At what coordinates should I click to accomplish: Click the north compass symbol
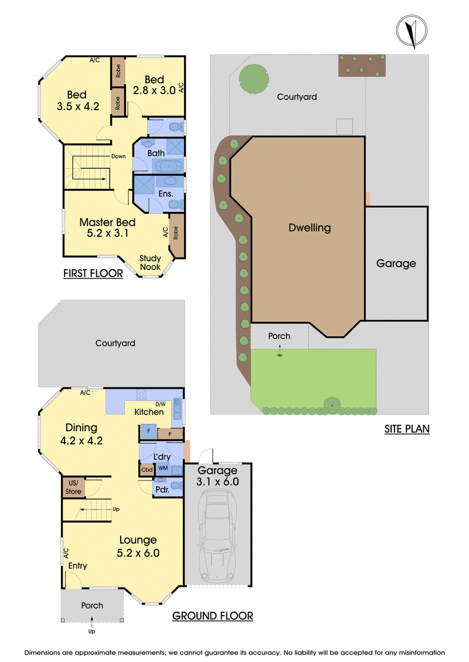pos(412,31)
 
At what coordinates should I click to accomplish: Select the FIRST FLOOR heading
pos(93,273)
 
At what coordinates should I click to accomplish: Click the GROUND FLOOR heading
pos(212,616)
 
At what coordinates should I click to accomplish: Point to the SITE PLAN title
pos(407,429)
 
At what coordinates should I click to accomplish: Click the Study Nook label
pos(150,263)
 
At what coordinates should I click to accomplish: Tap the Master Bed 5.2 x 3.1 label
pos(107,228)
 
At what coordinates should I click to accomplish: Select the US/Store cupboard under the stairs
pos(73,487)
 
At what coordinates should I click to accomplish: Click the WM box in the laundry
pos(163,468)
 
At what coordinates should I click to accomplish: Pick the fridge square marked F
pos(148,431)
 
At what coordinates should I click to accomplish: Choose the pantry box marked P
pos(170,434)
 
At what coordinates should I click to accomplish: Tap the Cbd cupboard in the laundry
pos(147,469)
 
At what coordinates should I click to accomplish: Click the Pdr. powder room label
pos(162,490)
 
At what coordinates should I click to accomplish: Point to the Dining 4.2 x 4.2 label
pos(81,434)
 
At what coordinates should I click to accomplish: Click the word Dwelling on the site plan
pos(310,228)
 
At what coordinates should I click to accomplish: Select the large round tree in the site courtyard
pos(254,78)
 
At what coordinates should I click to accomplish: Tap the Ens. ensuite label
pos(166,194)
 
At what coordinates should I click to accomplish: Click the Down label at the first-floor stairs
pos(118,156)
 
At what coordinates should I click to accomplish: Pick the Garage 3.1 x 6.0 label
pos(217,476)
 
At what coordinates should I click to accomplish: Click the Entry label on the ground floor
pos(78,566)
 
